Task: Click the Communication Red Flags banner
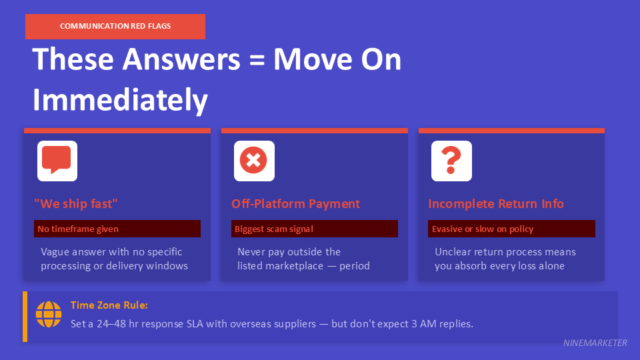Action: pyautogui.click(x=115, y=26)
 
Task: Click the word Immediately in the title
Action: pyautogui.click(x=120, y=100)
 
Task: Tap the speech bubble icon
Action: pyautogui.click(x=57, y=161)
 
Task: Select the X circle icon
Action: pyautogui.click(x=254, y=161)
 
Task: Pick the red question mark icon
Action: pyautogui.click(x=451, y=160)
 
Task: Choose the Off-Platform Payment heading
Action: pyautogui.click(x=295, y=204)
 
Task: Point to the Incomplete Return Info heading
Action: pyautogui.click(x=496, y=204)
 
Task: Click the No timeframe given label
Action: pyautogui.click(x=78, y=229)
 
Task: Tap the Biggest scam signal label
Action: pyautogui.click(x=273, y=229)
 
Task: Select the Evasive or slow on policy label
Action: pyautogui.click(x=483, y=229)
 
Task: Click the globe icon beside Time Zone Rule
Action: pyautogui.click(x=49, y=314)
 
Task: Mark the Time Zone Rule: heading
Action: pyautogui.click(x=109, y=305)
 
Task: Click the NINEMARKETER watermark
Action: pyautogui.click(x=594, y=343)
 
